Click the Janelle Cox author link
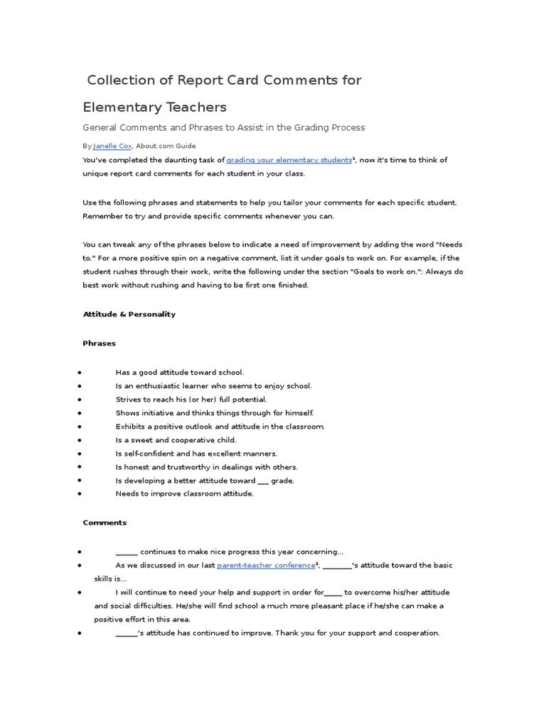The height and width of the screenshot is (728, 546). pos(112,146)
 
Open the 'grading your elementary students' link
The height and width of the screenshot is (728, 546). pos(289,161)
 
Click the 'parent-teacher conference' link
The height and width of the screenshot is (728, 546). pos(266,565)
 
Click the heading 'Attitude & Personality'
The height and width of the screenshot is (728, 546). pos(129,314)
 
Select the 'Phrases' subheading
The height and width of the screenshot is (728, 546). pos(99,343)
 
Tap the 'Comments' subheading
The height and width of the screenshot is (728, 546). pos(105,523)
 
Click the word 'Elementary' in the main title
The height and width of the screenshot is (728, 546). pos(122,107)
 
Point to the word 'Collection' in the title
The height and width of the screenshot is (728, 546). pos(124,80)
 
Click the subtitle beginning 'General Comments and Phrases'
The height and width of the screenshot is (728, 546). pos(224,128)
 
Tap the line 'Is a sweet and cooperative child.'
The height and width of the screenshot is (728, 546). pos(176,440)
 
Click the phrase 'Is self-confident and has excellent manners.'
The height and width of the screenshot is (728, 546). pos(196,454)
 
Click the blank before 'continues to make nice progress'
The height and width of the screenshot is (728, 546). pos(127,552)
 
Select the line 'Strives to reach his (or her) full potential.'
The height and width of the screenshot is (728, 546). pos(191,400)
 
